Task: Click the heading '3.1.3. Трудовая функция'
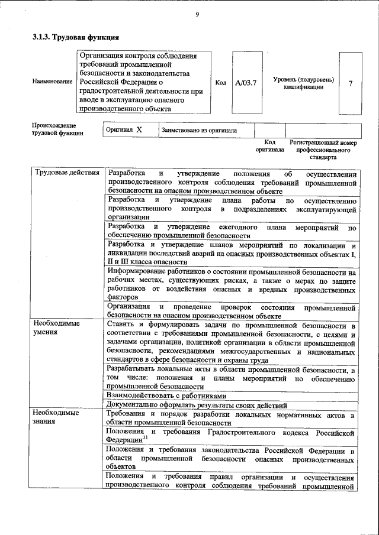point(72,38)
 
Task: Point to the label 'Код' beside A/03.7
point(220,83)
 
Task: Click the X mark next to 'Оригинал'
point(139,129)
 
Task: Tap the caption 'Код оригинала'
point(270,146)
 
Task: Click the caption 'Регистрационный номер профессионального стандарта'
point(323,150)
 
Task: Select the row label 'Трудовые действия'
point(67,173)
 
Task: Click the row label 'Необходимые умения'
point(56,328)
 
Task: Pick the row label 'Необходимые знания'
point(56,417)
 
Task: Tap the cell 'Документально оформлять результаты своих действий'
point(197,406)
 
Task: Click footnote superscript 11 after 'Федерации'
point(145,438)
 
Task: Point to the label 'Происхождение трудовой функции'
point(57,129)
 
